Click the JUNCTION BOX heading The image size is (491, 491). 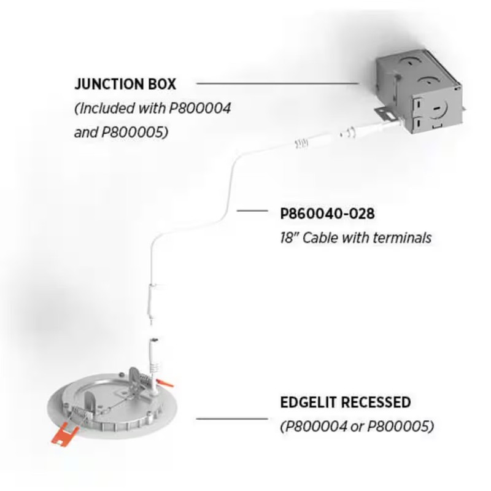click(x=125, y=84)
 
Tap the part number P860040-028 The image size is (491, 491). click(x=327, y=214)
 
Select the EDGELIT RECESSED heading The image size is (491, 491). click(x=346, y=403)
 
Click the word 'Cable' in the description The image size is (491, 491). click(x=319, y=238)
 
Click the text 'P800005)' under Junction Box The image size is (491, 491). click(x=134, y=132)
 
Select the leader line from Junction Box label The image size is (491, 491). click(x=277, y=83)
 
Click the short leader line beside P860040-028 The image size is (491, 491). click(x=252, y=211)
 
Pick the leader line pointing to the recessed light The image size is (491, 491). click(x=232, y=419)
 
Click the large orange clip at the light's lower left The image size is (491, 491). click(x=64, y=434)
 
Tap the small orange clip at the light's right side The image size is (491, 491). click(x=165, y=382)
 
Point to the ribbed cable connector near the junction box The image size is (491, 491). click(x=301, y=144)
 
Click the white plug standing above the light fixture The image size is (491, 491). click(x=155, y=357)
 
